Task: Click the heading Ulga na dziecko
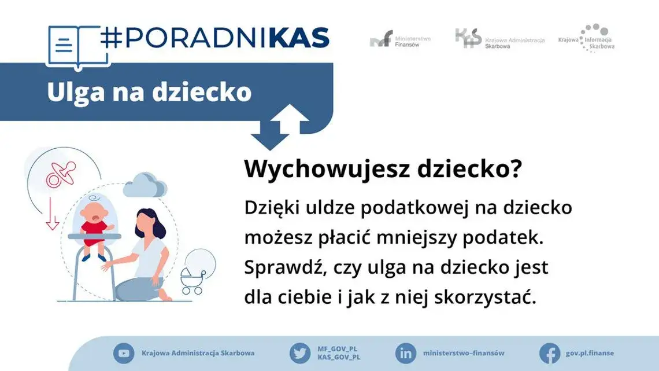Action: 149,93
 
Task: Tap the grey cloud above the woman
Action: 145,185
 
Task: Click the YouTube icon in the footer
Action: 123,353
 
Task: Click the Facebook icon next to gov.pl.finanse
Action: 549,353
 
